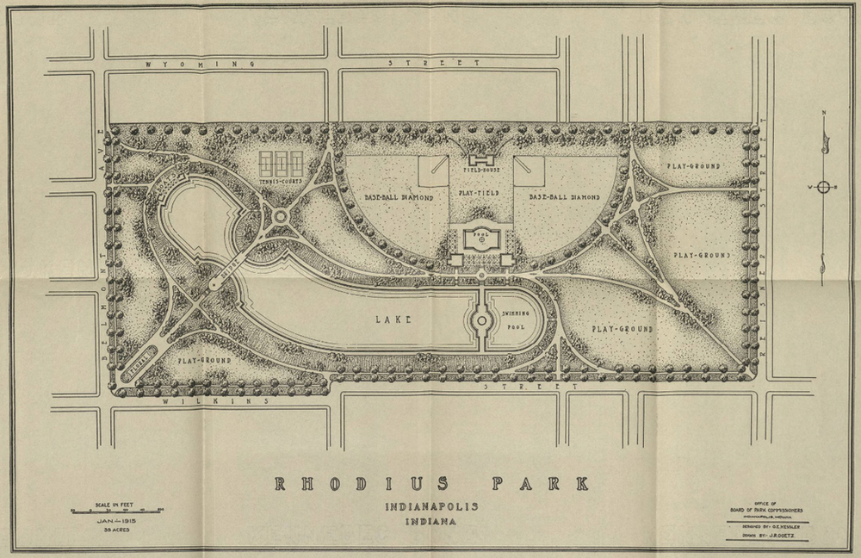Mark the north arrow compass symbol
[x=823, y=188]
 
